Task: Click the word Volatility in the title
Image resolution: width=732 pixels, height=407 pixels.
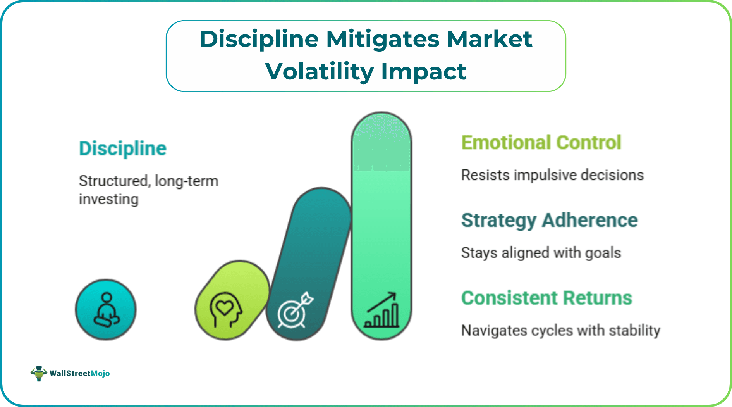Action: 320,72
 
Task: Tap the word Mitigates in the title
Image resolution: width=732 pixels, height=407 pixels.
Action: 383,39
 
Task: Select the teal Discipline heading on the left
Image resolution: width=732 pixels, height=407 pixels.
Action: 122,148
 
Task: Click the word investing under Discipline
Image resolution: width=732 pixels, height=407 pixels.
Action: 108,199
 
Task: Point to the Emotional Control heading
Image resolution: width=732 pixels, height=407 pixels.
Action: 541,142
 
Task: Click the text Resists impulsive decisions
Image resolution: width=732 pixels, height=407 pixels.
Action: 552,175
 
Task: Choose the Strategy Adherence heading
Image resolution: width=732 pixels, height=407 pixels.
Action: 549,220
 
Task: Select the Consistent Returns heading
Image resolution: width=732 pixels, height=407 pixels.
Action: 546,298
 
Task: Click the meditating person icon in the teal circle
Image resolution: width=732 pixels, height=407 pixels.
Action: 106,310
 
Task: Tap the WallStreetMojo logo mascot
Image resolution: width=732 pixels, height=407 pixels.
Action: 39,373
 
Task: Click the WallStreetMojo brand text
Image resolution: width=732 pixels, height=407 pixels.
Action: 79,373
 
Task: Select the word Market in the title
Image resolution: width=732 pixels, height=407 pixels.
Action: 489,39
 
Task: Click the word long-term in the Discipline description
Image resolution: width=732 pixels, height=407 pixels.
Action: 186,181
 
